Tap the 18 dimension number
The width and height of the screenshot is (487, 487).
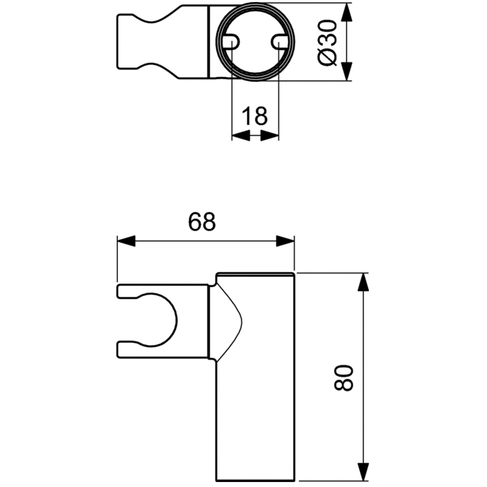(x=255, y=115)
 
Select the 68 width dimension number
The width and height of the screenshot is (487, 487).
(x=202, y=222)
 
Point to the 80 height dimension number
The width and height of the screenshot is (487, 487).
(x=344, y=378)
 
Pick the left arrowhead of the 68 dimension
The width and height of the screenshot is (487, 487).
(x=127, y=241)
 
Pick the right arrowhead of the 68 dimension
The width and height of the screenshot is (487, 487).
(x=285, y=241)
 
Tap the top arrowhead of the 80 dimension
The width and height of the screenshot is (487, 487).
(x=363, y=282)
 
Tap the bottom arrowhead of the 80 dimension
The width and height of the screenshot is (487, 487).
(x=363, y=472)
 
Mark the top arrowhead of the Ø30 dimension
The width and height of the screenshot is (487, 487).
(x=346, y=12)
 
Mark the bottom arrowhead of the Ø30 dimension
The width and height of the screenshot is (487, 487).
(x=346, y=71)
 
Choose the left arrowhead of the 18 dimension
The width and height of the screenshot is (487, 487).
(x=241, y=135)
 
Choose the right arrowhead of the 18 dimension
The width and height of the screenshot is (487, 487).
(x=270, y=135)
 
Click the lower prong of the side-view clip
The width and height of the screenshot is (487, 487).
(x=162, y=350)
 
